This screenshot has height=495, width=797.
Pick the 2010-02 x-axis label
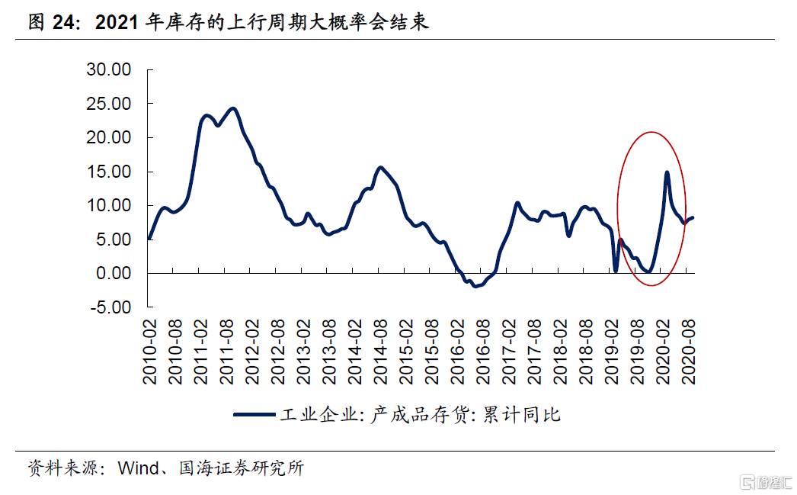tap(150, 352)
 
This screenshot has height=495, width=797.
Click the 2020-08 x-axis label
tap(690, 352)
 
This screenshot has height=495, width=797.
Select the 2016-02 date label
tap(458, 352)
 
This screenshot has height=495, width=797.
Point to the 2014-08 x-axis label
tap(381, 352)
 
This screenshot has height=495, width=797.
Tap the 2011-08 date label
tap(227, 352)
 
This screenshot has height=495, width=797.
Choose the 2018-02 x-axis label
tap(561, 352)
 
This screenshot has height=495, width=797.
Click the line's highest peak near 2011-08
tap(233, 108)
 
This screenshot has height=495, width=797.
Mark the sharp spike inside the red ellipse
tap(667, 172)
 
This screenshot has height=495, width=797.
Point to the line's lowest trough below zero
tap(475, 286)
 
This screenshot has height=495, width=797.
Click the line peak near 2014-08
tap(380, 167)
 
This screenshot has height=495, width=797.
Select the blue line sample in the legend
tap(254, 414)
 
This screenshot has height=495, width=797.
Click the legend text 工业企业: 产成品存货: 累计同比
tap(420, 414)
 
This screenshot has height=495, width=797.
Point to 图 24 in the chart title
tap(52, 22)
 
